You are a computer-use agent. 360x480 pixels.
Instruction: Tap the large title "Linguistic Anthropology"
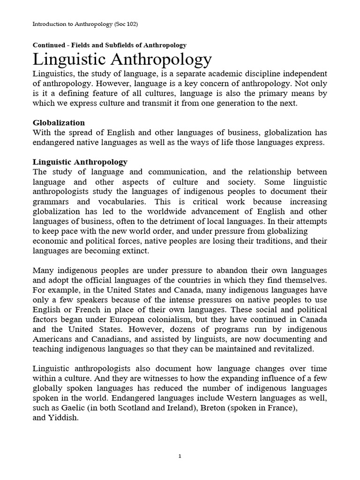pyautogui.click(x=122, y=60)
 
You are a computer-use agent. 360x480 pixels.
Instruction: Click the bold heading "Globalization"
pyautogui.click(x=59, y=123)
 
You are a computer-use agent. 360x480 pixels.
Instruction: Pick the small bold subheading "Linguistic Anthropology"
pyautogui.click(x=80, y=162)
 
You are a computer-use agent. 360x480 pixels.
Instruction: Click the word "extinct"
pyautogui.click(x=135, y=251)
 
